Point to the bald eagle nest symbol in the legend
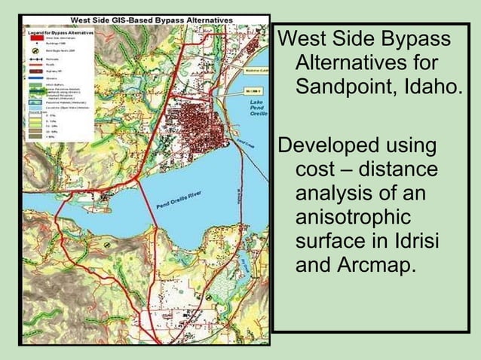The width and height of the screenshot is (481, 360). click(35, 49)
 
